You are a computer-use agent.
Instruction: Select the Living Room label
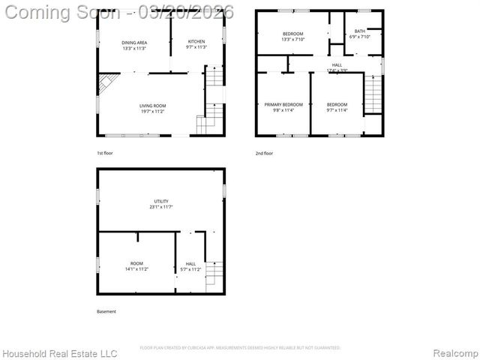tap(152, 108)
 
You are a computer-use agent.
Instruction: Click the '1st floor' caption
tap(104, 153)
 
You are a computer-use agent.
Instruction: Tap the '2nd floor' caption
tap(264, 153)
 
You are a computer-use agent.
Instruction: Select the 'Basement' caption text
tap(106, 311)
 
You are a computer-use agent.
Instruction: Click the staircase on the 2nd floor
tap(373, 94)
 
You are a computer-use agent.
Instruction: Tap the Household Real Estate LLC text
tap(60, 352)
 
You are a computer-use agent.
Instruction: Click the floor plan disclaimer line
tap(240, 347)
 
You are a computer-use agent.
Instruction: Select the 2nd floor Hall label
tap(337, 66)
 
